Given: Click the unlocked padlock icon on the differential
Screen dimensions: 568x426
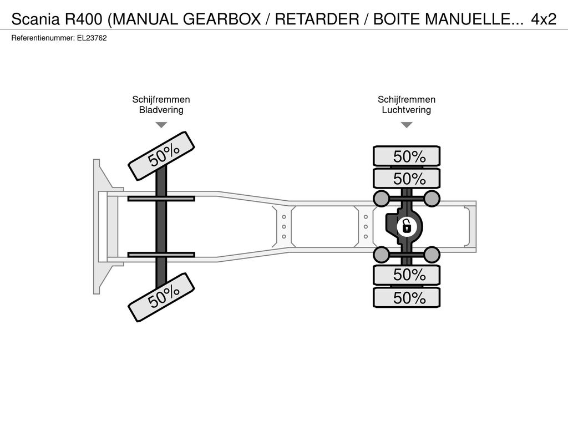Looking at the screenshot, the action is pos(407,227).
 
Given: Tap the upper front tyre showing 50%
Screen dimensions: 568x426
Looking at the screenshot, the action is pos(161,156).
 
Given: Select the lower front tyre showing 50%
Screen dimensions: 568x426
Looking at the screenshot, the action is pos(161,297).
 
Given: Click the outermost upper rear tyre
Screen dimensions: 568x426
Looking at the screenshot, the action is pos(407,156).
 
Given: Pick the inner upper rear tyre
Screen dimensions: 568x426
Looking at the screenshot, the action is pos(407,179).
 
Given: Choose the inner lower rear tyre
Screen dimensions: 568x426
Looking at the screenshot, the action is pos(407,275).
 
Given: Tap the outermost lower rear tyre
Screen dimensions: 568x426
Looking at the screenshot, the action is pos(407,298).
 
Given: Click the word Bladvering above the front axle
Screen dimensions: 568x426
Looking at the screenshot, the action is pos(161,110).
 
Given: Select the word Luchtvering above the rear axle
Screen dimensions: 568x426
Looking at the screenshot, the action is pos(407,110).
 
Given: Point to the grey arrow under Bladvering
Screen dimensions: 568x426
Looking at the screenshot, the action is pos(161,125).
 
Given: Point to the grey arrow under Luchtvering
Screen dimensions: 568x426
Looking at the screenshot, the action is pos(407,125).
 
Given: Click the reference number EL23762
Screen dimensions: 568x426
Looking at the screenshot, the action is pos(92,38).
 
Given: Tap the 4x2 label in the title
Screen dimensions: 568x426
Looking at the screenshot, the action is pos(544,19).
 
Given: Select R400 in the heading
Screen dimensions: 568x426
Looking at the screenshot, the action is pos(84,19).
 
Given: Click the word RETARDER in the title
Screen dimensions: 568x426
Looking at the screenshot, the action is pos(317,19).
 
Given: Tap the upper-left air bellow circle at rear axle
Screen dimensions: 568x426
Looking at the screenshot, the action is pos(381,198).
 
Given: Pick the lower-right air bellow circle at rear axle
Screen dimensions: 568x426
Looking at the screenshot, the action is pos(432,255).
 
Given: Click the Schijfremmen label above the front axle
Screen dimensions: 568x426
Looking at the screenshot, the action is pos(161,99).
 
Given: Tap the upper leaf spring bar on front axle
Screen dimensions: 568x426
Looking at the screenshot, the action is pos(161,199).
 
